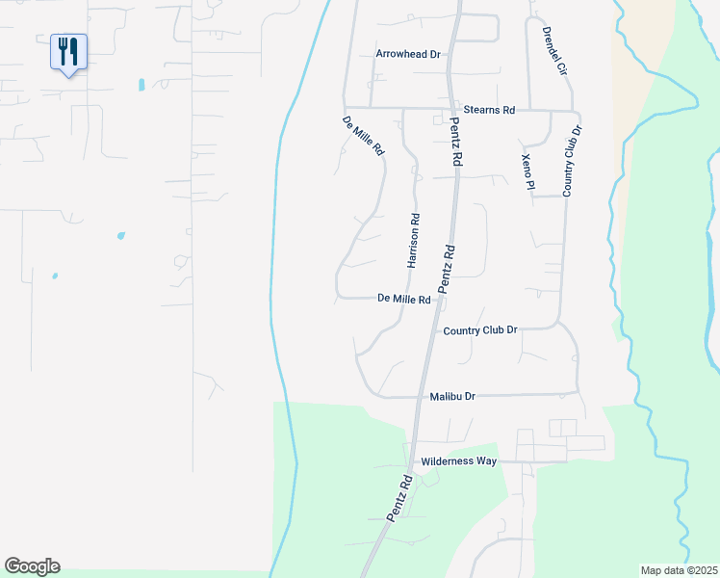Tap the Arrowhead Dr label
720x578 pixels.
click(407, 55)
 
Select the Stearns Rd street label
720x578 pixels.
click(489, 111)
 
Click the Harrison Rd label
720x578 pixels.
click(414, 241)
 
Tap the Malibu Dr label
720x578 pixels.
click(452, 396)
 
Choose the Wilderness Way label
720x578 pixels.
click(459, 461)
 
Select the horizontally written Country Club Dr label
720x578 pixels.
click(480, 330)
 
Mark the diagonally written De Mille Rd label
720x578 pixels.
click(364, 137)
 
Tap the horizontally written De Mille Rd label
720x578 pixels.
click(404, 300)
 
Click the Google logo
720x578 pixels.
click(32, 566)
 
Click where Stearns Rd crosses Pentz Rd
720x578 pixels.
click(451, 108)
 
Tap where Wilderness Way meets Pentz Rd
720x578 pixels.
click(411, 461)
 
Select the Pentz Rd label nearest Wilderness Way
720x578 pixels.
click(399, 498)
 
